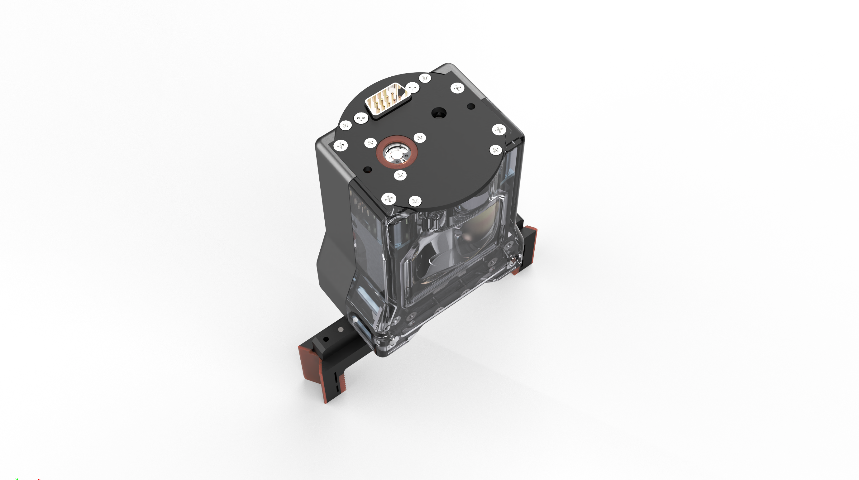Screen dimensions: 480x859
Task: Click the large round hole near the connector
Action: click(x=438, y=113)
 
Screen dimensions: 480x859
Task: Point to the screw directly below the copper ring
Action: click(x=400, y=175)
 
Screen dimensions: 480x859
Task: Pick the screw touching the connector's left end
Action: click(x=361, y=118)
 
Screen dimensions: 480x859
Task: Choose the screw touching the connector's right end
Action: click(x=412, y=88)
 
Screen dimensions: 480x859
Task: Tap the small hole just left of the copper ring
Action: click(x=367, y=170)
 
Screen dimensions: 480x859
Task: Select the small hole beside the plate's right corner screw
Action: click(x=471, y=106)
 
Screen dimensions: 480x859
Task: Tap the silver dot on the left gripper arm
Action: click(x=341, y=329)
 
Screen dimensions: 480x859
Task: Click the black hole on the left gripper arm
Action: click(x=326, y=339)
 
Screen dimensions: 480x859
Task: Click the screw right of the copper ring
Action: click(x=419, y=138)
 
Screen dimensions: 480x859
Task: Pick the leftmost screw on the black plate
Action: click(x=341, y=146)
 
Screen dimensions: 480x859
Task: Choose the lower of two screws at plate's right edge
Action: click(x=495, y=150)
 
